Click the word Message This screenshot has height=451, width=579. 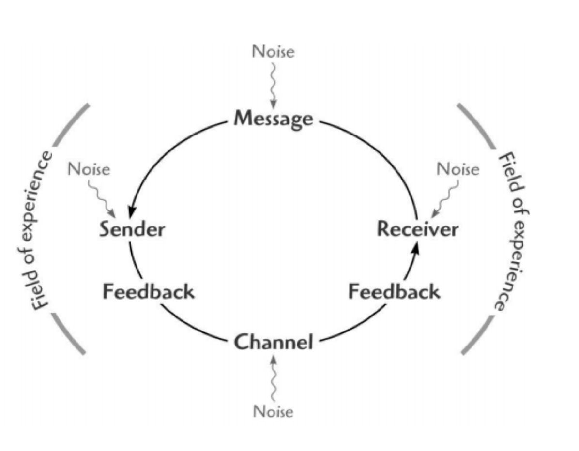coord(274,119)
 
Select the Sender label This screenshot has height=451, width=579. coord(132,229)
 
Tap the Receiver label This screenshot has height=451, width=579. coord(417,229)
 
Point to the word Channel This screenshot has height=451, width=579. coord(274,343)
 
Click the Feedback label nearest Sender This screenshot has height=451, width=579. coord(148,292)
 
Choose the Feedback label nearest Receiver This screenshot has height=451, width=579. coord(395,292)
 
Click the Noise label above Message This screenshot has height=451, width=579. coord(273,51)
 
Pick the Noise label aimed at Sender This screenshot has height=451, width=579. coord(89,169)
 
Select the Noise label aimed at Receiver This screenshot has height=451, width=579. coord(458,169)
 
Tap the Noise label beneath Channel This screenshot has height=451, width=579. coord(273,411)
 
